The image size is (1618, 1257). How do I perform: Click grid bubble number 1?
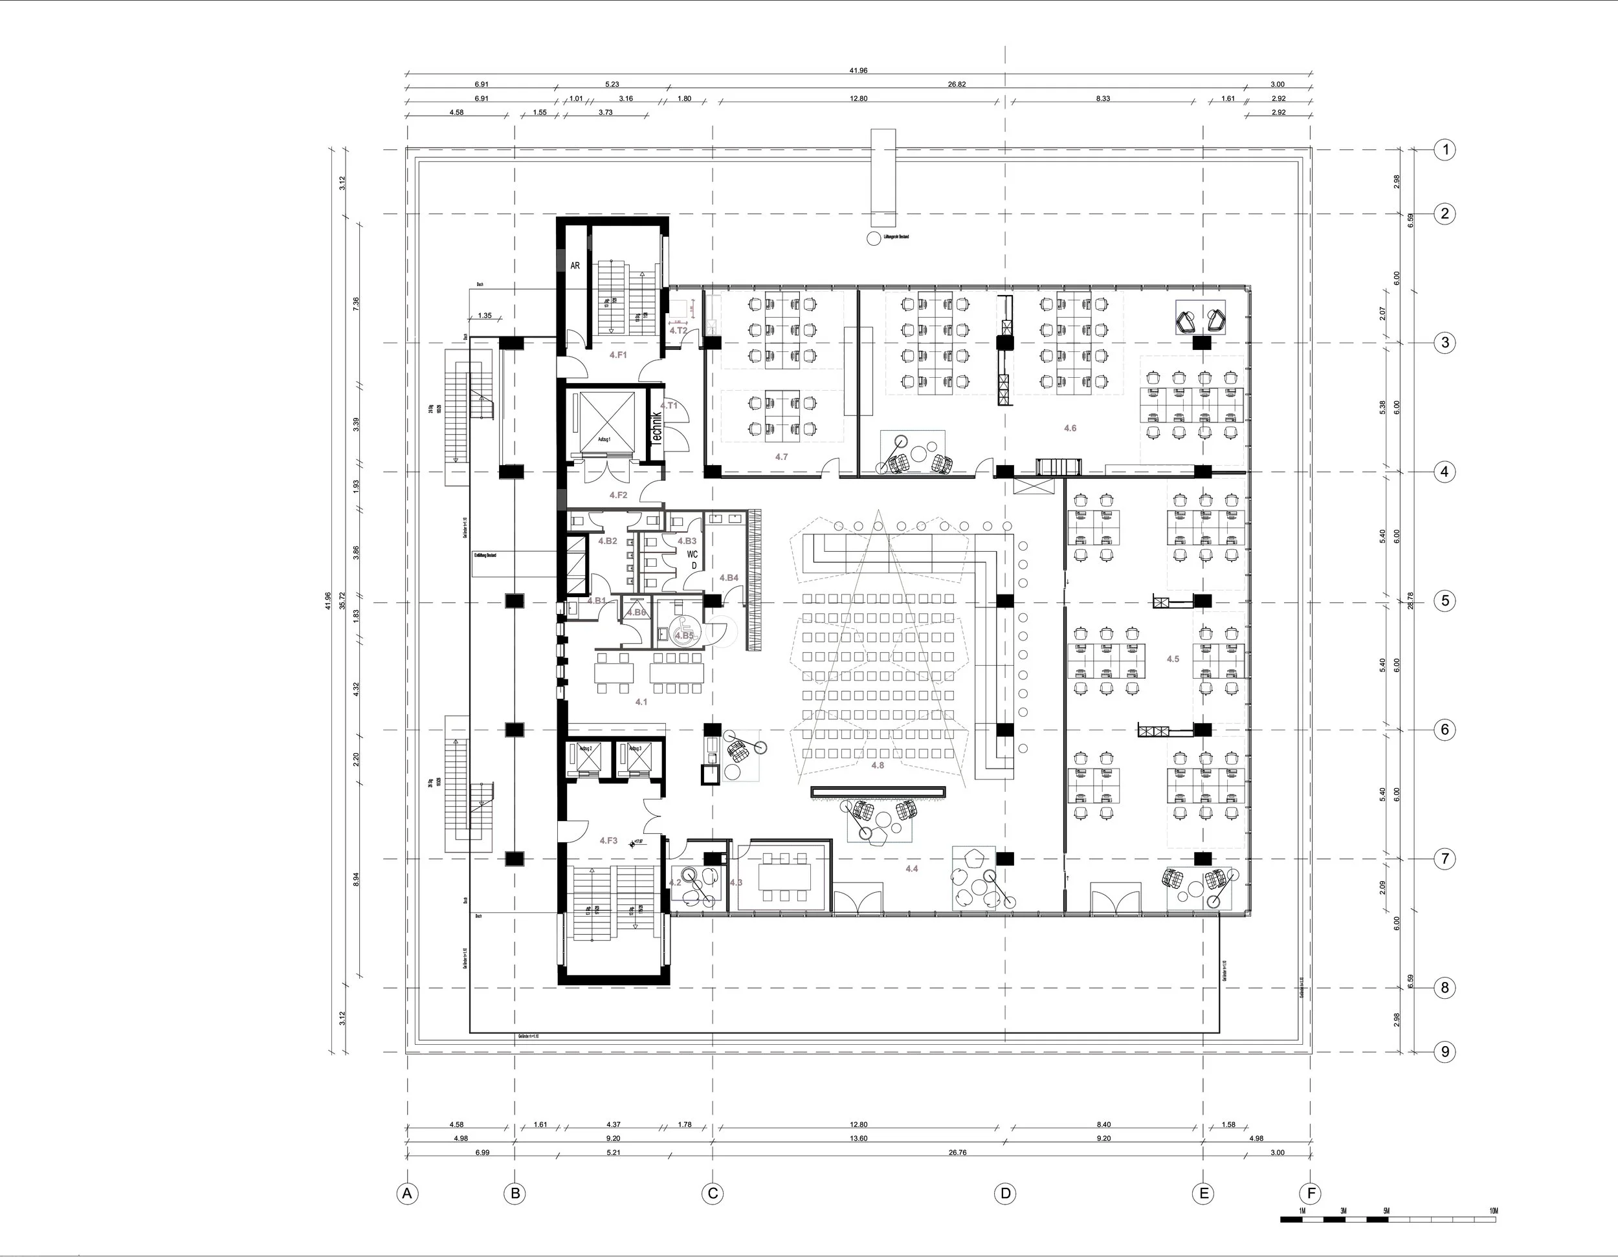point(1445,150)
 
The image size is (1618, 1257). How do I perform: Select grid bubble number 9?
point(1445,1051)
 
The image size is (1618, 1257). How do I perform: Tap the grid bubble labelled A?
point(406,1194)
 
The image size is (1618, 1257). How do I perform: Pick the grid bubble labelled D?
point(1005,1194)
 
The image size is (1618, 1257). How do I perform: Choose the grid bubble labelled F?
point(1311,1194)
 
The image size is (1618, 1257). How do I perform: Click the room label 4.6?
point(1070,428)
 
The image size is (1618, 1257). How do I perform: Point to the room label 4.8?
point(877,765)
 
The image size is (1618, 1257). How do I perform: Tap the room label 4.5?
point(1173,659)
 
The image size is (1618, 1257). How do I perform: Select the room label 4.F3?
point(608,841)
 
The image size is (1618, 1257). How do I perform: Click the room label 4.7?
point(782,457)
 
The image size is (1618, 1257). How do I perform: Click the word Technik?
point(656,428)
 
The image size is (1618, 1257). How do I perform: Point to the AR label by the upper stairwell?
point(575,265)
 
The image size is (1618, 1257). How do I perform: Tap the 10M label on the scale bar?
point(1493,1211)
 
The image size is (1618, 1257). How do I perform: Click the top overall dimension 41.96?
point(858,71)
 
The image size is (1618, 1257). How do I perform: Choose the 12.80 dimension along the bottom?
point(858,1124)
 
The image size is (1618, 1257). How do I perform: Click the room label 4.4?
point(911,868)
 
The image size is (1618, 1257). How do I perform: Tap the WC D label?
point(693,559)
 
